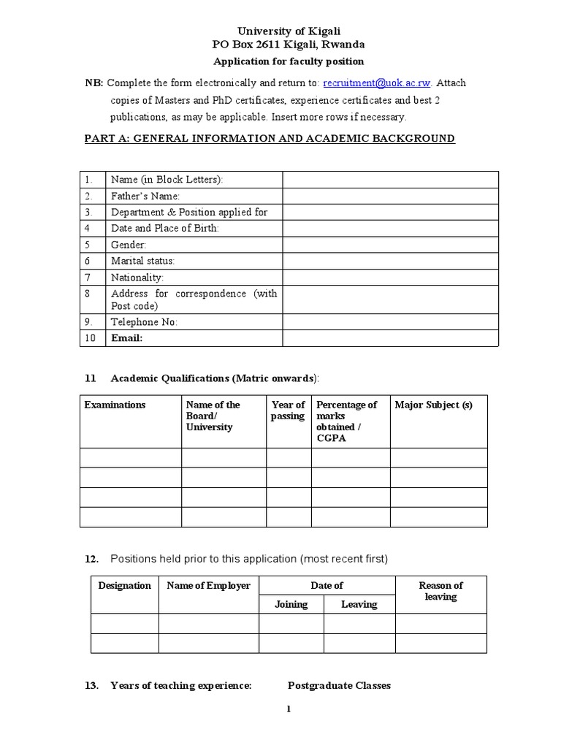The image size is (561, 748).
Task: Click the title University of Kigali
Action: [x=289, y=31]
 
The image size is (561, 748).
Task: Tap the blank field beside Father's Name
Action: [x=390, y=196]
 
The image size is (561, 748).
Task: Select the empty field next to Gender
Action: [x=390, y=245]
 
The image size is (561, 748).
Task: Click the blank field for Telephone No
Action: [x=390, y=322]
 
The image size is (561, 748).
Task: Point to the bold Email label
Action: [x=126, y=338]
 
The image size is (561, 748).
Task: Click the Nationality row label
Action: [x=137, y=278]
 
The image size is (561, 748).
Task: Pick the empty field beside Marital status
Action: [x=390, y=261]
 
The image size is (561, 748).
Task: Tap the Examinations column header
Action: [x=115, y=405]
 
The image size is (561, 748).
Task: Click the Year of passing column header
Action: [x=288, y=411]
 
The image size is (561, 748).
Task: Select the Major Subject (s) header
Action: [x=433, y=405]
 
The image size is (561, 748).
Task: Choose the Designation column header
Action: [x=124, y=585]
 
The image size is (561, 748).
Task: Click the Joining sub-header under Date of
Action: [x=291, y=604]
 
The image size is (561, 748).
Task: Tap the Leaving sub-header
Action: [x=359, y=604]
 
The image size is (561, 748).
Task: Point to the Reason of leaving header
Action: [x=440, y=591]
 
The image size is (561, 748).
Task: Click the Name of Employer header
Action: [x=208, y=585]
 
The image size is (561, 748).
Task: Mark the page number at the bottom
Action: [x=289, y=709]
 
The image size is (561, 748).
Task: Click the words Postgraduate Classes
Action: [x=339, y=685]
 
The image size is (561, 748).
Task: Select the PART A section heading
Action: [x=270, y=138]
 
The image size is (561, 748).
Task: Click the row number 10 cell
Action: [x=91, y=338]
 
